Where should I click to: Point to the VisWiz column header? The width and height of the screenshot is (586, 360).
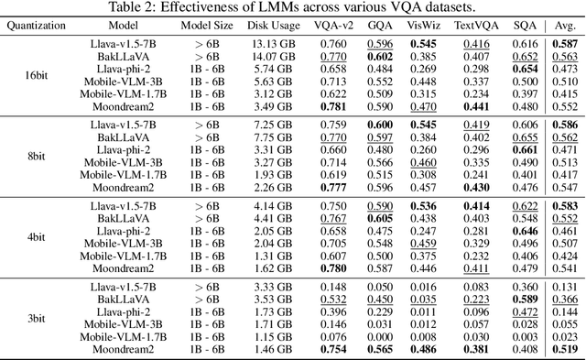[422, 27]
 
